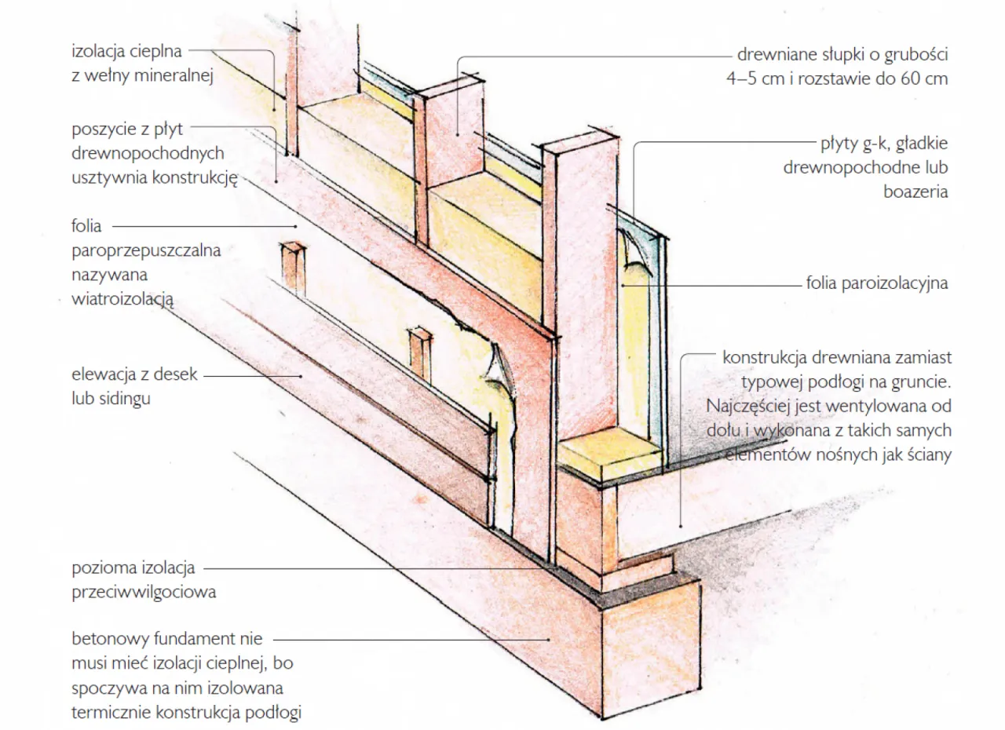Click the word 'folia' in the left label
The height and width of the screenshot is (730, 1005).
coord(86,226)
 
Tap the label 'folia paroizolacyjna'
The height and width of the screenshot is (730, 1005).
coord(876,283)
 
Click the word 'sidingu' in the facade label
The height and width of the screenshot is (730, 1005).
coord(111,399)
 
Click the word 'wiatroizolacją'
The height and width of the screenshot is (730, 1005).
coord(122,299)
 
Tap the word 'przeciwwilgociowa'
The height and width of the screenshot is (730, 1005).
coord(143,592)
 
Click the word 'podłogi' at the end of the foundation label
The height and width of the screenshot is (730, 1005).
coord(274,713)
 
